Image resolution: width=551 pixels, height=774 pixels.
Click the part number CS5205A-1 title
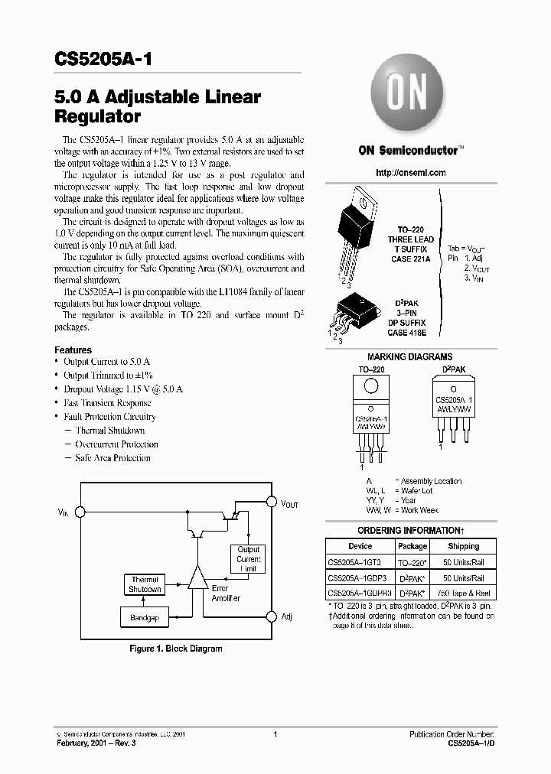(x=108, y=58)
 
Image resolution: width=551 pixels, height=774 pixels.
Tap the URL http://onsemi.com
(x=411, y=173)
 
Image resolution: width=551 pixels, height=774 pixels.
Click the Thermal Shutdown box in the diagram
(x=145, y=584)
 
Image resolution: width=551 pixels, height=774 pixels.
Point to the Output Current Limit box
(x=248, y=560)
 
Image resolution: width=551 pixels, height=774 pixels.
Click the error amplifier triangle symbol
(x=197, y=579)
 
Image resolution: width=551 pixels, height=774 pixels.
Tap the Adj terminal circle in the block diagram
(x=270, y=616)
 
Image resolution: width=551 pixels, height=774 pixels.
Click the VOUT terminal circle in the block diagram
(x=270, y=502)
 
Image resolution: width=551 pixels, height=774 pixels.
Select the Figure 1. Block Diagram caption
(x=175, y=649)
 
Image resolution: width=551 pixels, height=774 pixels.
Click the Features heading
(x=73, y=350)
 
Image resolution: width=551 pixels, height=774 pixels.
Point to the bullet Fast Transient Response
(x=107, y=403)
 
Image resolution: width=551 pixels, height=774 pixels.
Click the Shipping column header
(x=463, y=546)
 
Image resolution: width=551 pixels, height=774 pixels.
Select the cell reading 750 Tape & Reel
(x=463, y=594)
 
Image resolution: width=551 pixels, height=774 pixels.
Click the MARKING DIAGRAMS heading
(x=409, y=356)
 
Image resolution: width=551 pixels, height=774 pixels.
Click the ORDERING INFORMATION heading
(x=410, y=530)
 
